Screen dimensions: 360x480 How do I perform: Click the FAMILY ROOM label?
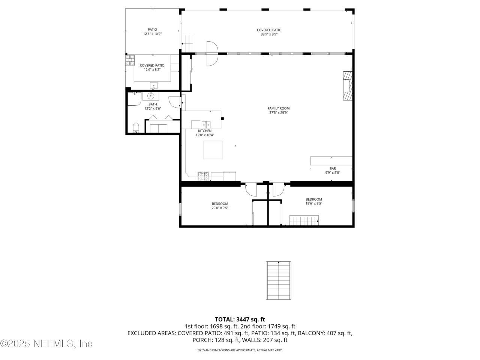279,108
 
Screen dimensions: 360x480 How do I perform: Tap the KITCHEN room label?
205,131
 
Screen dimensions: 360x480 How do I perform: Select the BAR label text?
332,168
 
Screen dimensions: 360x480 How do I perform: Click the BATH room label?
153,104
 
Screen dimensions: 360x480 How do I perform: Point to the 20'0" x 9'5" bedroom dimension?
220,208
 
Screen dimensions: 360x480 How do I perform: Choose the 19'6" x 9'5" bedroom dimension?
313,204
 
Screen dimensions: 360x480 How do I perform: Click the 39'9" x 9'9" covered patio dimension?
269,34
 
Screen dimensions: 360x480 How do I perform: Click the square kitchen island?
213,150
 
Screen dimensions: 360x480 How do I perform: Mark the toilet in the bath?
136,127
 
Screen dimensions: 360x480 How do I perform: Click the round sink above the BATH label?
152,96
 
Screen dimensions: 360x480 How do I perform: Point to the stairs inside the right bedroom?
304,220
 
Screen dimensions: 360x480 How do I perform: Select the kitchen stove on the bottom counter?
204,174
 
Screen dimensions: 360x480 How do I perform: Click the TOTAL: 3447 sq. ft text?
240,319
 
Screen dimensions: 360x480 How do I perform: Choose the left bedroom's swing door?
250,190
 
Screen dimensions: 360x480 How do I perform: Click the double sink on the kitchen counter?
206,124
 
